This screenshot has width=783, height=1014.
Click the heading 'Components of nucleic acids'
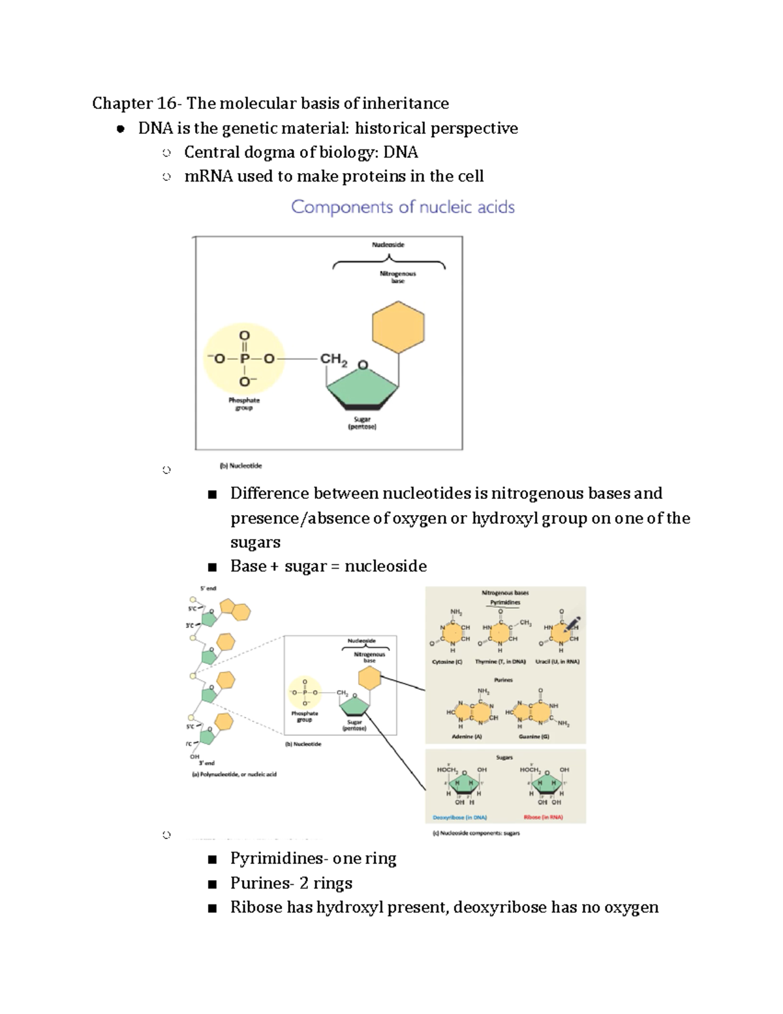pos(403,207)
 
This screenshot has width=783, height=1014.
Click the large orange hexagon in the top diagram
pos(398,327)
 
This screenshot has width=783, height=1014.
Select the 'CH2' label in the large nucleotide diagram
pos(333,359)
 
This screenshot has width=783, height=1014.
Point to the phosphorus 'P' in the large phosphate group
pos(244,358)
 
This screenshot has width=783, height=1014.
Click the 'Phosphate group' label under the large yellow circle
pos(244,404)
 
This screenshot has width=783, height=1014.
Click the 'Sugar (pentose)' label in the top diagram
pos(362,423)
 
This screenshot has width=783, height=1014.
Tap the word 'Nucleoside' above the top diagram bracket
pos(388,245)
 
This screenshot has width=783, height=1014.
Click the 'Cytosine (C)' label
pos(447,661)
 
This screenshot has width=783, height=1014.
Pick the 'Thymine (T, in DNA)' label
pos(500,661)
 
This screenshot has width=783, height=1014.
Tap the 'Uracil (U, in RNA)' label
pos(557,661)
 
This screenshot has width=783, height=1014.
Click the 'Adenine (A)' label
pos(467,737)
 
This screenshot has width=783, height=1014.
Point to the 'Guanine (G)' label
pos(534,737)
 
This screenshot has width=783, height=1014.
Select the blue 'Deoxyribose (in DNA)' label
pos(460,817)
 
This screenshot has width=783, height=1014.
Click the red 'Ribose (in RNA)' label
pos(543,817)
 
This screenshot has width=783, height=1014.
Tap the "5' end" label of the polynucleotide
pos(208,588)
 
